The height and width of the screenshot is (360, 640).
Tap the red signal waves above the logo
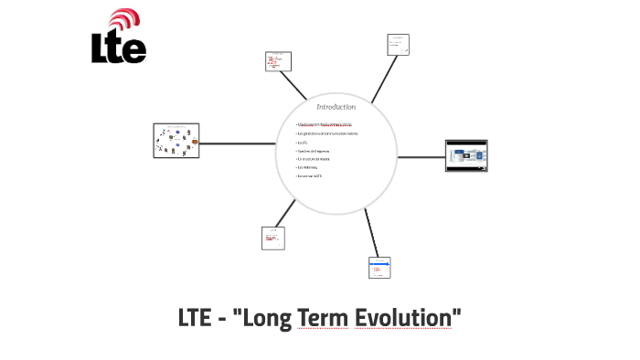[x=124, y=21]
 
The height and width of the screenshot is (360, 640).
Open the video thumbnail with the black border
[x=466, y=155]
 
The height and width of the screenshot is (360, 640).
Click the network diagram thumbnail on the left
[x=176, y=142]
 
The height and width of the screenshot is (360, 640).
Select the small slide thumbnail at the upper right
[x=398, y=45]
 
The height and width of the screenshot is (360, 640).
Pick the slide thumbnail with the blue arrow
[x=379, y=267]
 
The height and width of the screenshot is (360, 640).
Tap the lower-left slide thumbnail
[x=273, y=238]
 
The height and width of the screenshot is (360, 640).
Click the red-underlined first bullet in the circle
[x=325, y=124]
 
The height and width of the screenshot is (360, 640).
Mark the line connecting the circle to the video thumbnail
[x=411, y=156]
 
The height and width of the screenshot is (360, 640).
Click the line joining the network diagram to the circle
[x=238, y=143]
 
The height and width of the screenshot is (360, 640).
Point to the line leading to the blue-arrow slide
[x=370, y=233]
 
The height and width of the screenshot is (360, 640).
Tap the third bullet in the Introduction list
[x=303, y=142]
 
